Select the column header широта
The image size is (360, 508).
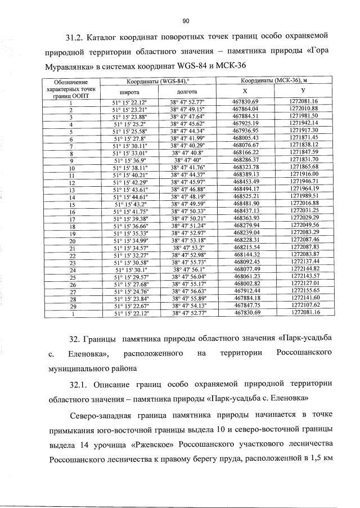pos(130,91)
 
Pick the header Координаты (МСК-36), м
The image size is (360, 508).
pos(277,81)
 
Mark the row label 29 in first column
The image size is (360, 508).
pos(71,306)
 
